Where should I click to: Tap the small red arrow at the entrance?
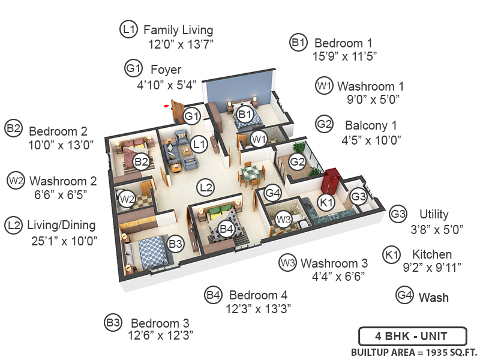coord(166,106)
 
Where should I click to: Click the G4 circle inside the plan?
coord(273,193)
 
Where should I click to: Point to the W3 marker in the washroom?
coord(284,220)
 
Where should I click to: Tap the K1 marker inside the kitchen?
coord(326,203)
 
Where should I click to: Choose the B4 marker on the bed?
coord(226,229)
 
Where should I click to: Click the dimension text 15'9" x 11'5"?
coord(338,58)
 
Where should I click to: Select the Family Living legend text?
coord(178,29)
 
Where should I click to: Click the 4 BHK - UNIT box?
coord(411,336)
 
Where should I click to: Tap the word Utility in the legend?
coord(434,214)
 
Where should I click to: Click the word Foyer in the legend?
coord(166,69)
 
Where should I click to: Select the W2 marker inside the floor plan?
coord(126,199)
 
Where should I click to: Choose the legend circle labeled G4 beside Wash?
coord(405,295)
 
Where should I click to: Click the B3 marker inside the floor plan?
coord(176,244)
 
